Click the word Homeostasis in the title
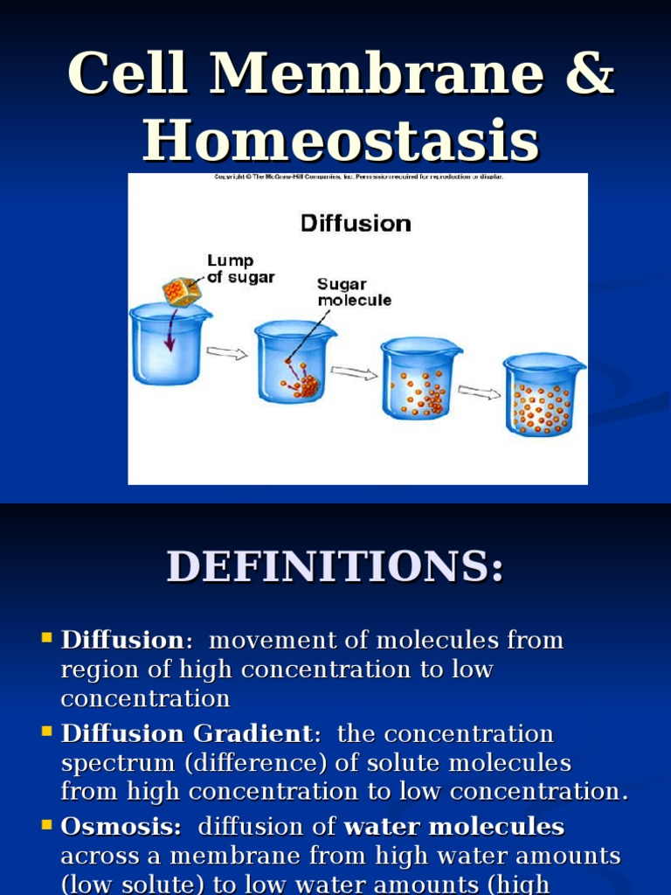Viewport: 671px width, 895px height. [341, 139]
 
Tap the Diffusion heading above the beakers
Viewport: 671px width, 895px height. [356, 223]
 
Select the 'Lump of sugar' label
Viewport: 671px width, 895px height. [240, 269]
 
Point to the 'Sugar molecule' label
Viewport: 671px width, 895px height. [354, 292]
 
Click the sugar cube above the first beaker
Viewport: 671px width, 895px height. [182, 291]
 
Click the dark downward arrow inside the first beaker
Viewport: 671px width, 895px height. [169, 336]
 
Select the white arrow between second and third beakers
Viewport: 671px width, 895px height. [354, 373]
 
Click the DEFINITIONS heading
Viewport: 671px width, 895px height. [335, 566]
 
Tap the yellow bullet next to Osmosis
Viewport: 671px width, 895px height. [47, 824]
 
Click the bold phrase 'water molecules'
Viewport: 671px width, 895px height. [454, 827]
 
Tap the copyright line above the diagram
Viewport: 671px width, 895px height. [358, 177]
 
